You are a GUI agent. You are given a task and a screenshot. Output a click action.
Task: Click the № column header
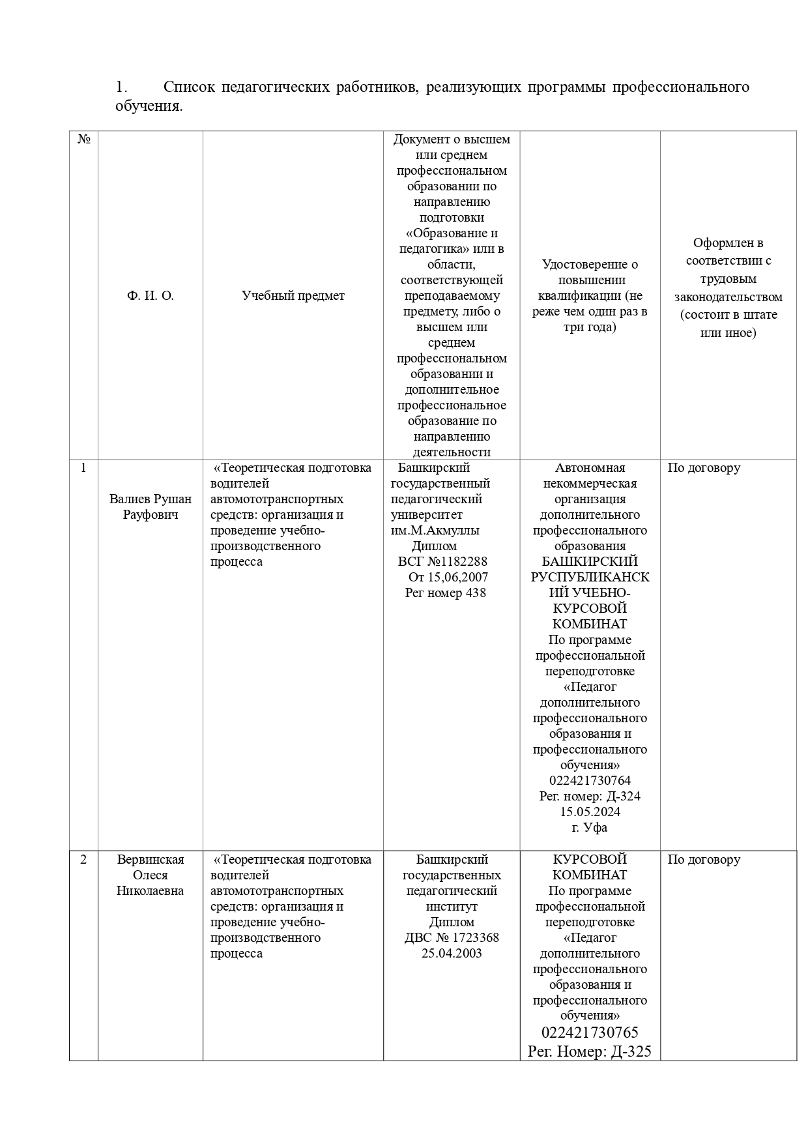83,139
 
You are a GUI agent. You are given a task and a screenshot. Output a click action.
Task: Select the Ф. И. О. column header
151,296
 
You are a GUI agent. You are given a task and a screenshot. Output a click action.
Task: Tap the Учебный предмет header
293,296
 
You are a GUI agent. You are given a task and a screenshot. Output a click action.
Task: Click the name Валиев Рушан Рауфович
151,507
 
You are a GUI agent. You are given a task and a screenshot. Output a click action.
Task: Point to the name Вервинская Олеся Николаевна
151,875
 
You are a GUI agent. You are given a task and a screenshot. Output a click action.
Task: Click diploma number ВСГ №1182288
442,562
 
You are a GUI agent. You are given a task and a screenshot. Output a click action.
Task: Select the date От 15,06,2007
448,578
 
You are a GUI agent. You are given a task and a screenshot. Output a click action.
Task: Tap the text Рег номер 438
445,593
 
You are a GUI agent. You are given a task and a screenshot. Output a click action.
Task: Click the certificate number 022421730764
590,781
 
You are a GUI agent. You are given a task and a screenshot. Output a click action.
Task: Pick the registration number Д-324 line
590,797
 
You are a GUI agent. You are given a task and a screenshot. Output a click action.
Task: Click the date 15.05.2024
590,812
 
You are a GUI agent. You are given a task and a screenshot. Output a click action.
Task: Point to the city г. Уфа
590,828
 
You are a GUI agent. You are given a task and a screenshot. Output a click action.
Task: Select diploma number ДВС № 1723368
452,938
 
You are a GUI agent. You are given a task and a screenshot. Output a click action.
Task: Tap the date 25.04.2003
452,954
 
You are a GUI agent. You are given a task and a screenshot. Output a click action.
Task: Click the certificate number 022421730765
590,1033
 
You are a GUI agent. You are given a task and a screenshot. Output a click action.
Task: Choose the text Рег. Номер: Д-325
590,1051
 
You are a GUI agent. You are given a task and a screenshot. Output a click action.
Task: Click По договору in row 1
704,468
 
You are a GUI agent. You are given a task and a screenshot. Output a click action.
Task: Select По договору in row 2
704,860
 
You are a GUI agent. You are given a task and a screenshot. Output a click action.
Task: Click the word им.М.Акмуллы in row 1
435,531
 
